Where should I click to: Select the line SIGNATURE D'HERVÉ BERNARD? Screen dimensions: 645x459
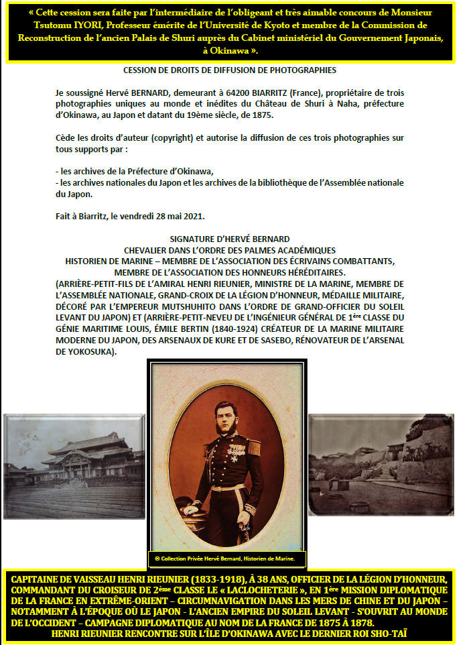229,239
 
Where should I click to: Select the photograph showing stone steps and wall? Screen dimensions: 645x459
381,463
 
